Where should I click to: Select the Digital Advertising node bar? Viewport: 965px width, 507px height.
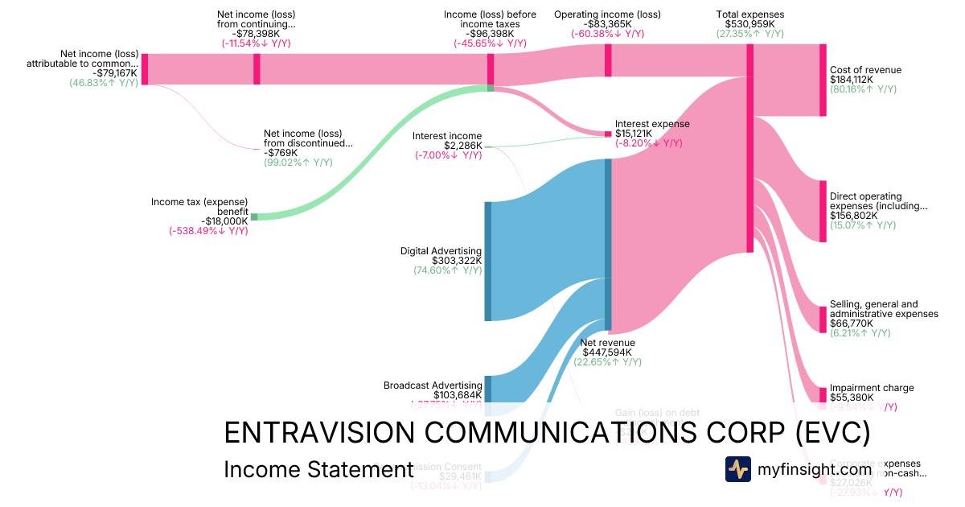[x=487, y=262]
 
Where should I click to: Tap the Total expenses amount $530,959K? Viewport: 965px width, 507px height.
[x=749, y=24]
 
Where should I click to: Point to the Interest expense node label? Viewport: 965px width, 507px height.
[x=651, y=123]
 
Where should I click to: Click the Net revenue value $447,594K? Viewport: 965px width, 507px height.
[x=606, y=352]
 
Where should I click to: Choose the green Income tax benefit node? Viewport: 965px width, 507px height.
[x=254, y=216]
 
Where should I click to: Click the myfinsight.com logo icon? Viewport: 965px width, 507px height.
[x=737, y=469]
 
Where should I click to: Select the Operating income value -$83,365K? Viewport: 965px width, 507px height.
[x=607, y=24]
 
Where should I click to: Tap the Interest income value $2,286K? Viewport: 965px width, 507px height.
[x=461, y=146]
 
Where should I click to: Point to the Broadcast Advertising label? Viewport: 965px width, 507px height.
[x=433, y=385]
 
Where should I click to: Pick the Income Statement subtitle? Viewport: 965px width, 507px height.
[x=318, y=470]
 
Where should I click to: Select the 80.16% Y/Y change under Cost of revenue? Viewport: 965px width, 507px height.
[x=863, y=89]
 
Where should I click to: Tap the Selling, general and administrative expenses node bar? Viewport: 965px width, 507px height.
[x=823, y=319]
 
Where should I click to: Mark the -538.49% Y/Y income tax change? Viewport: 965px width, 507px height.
[x=208, y=231]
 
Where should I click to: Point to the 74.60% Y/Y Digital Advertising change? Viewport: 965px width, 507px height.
[x=447, y=270]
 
